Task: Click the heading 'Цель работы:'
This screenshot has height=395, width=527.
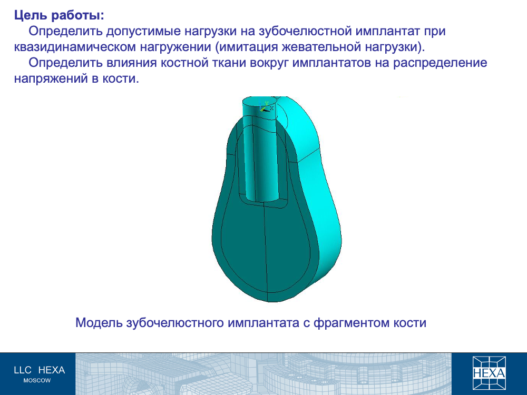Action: (59, 15)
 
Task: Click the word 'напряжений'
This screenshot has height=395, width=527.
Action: (52, 78)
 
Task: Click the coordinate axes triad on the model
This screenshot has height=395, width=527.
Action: (266, 106)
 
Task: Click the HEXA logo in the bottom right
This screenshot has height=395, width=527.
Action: (489, 372)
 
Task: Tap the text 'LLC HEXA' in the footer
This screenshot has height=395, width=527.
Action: (40, 370)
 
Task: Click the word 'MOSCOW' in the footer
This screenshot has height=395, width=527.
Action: (37, 381)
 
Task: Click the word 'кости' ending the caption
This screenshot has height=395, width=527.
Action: (410, 323)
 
